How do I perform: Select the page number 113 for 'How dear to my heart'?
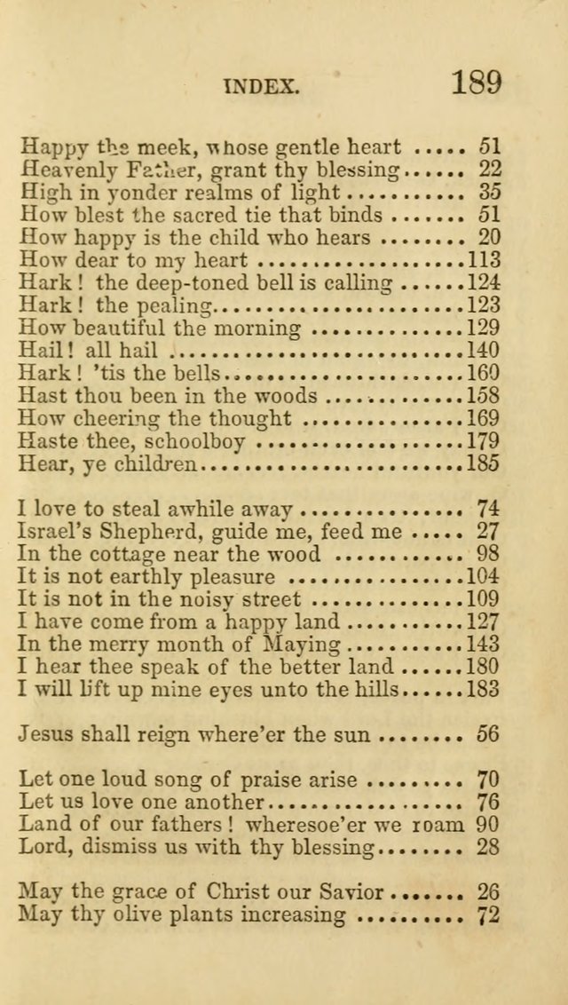click(483, 260)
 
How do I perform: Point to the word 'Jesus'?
click(46, 734)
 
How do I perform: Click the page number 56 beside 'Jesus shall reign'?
click(488, 734)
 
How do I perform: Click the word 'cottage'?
click(132, 555)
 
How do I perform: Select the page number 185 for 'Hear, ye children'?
click(483, 463)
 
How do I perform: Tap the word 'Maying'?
click(304, 645)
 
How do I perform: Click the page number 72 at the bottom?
click(488, 915)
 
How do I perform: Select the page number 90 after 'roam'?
click(488, 825)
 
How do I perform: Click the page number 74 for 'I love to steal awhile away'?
click(488, 509)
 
